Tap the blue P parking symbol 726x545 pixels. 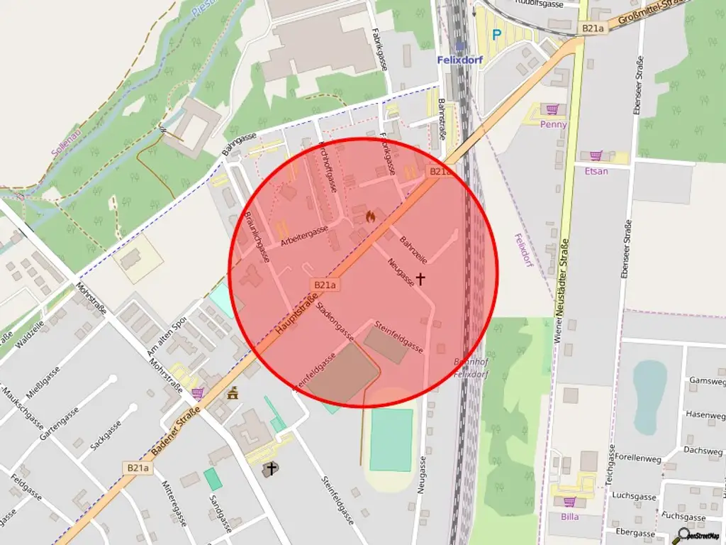point(496,33)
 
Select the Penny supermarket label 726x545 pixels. point(553,124)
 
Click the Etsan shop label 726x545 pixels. point(596,171)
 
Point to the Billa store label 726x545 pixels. point(569,517)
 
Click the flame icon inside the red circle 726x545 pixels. point(370,215)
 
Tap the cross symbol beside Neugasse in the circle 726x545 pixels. point(420,279)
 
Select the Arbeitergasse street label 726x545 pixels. point(304,235)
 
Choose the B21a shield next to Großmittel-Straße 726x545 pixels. point(592,28)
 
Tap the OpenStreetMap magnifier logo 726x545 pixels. point(684,534)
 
